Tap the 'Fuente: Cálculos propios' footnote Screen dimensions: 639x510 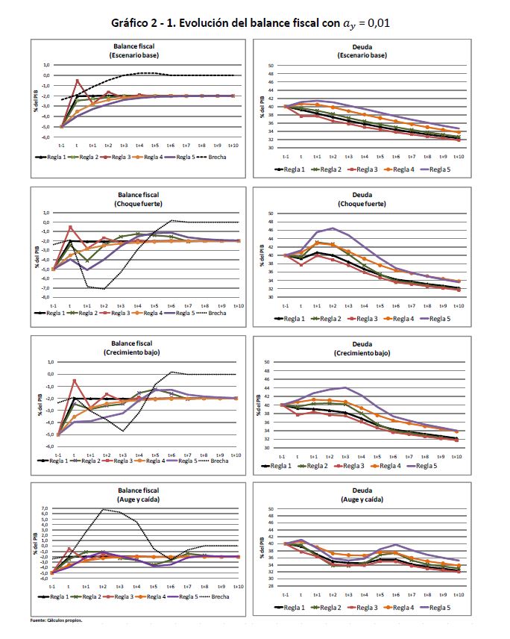(x=55, y=619)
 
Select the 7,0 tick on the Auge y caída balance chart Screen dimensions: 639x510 (x=45, y=508)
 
